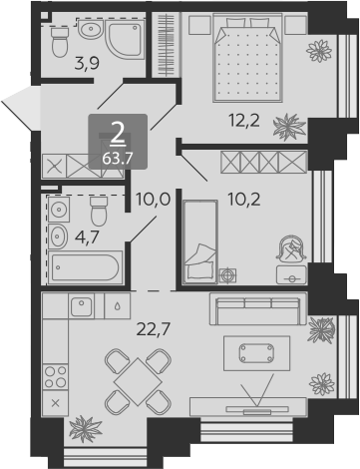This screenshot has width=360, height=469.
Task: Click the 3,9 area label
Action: (87, 64)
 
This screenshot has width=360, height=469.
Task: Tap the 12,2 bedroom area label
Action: (244, 120)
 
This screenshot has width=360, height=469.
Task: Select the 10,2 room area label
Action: (244, 200)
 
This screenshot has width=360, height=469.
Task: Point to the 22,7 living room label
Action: (154, 329)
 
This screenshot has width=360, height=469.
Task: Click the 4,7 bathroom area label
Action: (87, 237)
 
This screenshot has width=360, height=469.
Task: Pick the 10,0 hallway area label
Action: (153, 200)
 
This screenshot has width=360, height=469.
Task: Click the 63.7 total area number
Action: (118, 159)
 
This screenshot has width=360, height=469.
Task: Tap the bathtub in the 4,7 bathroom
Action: (86, 267)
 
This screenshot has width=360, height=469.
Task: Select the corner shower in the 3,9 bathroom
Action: (125, 39)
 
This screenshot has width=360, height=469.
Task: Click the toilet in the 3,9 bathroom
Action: (60, 42)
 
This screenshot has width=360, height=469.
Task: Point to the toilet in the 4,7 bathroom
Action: (99, 211)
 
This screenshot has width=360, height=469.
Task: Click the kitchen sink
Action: (82, 306)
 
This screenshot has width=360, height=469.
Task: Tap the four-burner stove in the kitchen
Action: (55, 377)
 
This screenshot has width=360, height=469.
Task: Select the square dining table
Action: (138, 381)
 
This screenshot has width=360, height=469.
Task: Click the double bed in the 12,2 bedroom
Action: (248, 57)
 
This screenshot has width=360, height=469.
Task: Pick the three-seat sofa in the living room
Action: (258, 308)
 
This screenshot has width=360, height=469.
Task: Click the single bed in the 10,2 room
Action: (199, 241)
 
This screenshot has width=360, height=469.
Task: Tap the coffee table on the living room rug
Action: (257, 353)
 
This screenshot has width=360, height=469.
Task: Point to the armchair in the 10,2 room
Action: (291, 248)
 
